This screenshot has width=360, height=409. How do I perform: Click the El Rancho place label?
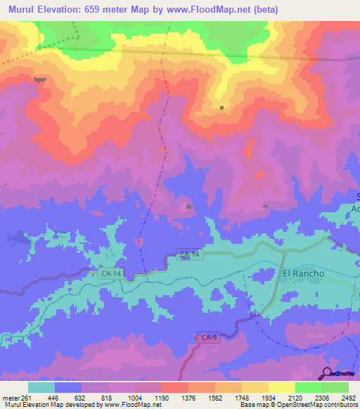(x=303, y=273)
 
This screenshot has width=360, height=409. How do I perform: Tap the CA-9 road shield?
(x=203, y=338)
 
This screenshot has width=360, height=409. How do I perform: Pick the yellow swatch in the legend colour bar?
(x=281, y=387)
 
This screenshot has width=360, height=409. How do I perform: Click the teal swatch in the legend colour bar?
(x=41, y=387)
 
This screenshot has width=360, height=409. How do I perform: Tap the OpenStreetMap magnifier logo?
(x=328, y=372)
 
